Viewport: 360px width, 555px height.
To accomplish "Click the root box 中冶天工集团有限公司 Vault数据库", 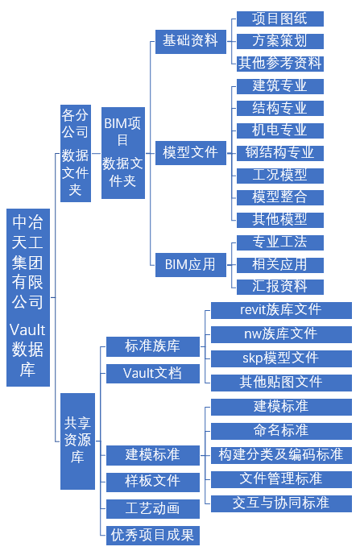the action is [28, 297].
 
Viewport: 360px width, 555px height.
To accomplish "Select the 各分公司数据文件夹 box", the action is [76, 153].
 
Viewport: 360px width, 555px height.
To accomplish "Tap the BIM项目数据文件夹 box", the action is [123, 153].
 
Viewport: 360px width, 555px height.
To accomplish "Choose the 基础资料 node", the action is [191, 42].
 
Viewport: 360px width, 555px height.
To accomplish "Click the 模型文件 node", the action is [191, 153].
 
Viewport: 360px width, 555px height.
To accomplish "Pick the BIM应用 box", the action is [191, 265].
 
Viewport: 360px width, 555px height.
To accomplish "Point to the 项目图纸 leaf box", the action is [280, 19].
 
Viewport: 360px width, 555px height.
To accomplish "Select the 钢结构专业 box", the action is [280, 153].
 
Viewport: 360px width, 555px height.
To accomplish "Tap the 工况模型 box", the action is [280, 176].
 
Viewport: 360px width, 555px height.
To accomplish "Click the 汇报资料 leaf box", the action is [280, 287].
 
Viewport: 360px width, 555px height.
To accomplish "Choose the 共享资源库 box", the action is [77, 441].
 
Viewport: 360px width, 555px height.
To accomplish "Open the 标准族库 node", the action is [153, 346].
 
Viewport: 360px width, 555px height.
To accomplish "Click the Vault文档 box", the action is [153, 374].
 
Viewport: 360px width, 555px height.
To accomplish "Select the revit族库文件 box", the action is [281, 310].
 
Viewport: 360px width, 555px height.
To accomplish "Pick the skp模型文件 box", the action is [281, 358].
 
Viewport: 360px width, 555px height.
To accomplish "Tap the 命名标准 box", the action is [281, 431].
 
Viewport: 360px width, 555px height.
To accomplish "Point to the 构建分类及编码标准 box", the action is [281, 455].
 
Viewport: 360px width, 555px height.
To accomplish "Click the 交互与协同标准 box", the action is [281, 503].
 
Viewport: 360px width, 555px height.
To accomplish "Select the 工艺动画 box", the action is [153, 508].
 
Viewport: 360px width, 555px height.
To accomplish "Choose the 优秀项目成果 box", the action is [153, 536].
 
